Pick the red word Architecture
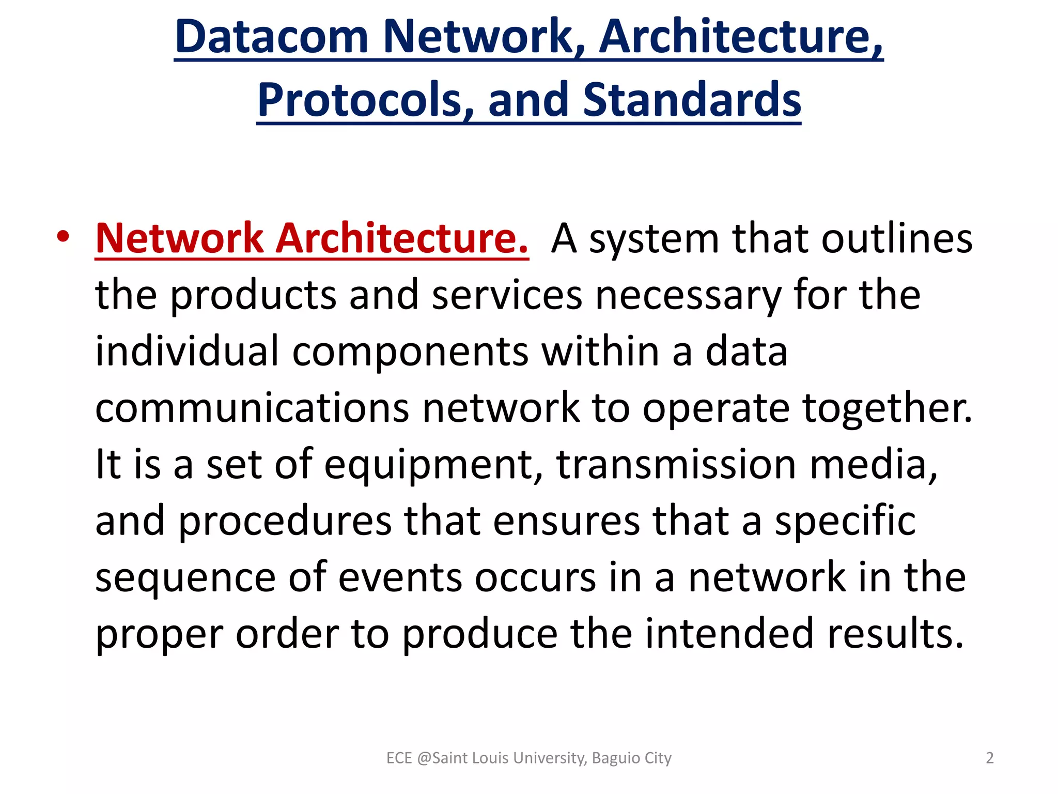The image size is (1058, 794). coord(402,238)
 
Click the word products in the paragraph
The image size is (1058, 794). coord(253,295)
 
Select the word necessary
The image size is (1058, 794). coord(688,295)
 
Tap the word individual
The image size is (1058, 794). coord(187,352)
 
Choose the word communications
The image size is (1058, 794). coord(252,408)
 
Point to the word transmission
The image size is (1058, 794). coord(676,464)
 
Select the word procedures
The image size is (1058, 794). coord(285,521)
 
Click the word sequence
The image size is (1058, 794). coord(185,577)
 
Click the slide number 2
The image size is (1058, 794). coord(990,758)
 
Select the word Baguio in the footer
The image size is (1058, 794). coord(616,758)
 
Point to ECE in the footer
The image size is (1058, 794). coord(399,758)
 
